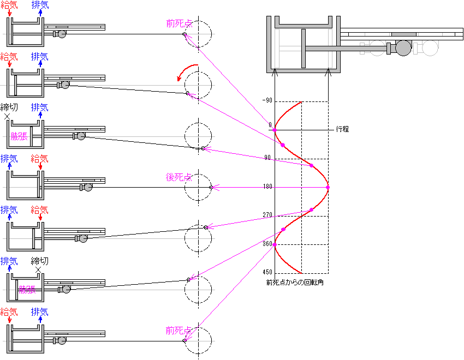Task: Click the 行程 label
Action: [x=342, y=130]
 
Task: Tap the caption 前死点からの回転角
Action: [x=295, y=283]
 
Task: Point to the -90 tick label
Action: [x=267, y=101]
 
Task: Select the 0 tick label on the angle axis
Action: [x=270, y=125]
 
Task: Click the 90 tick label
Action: [x=267, y=158]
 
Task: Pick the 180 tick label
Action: [x=267, y=187]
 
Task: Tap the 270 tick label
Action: [x=267, y=215]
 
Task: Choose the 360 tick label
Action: [x=267, y=244]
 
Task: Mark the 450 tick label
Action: [x=267, y=272]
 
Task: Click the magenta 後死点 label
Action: [x=179, y=177]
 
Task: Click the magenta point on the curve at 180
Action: [x=328, y=188]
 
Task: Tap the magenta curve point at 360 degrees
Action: [x=275, y=244]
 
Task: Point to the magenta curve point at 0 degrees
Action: [x=275, y=130]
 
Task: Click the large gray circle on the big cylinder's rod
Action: [x=403, y=49]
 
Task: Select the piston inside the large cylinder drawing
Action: [x=303, y=49]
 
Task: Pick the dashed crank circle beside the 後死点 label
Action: [x=198, y=187]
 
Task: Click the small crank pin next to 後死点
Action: [x=211, y=187]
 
